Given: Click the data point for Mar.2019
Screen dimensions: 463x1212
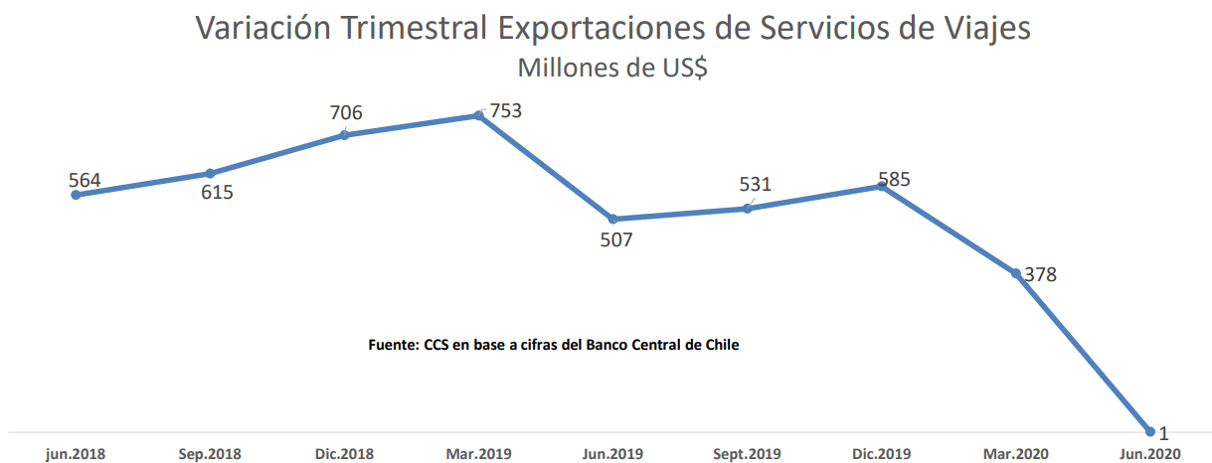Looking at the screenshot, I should coord(478,115).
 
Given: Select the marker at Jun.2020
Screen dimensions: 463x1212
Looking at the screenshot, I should coord(1150,431).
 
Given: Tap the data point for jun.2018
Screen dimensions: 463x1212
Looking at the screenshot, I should coord(76,195).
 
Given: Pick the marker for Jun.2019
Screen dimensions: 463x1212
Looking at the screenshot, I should coord(612,219).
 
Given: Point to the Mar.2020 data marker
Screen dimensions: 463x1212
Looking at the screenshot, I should coord(1016,273).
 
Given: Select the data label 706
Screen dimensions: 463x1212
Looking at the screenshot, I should coord(346,112).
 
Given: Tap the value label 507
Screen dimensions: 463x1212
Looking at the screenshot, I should coord(615,240).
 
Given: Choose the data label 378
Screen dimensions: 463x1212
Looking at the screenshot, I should coord(1040,275).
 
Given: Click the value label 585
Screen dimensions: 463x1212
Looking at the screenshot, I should coord(894,180).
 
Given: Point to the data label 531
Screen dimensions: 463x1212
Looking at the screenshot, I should coord(755,185).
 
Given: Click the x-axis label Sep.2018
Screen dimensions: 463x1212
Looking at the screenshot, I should coord(210,454).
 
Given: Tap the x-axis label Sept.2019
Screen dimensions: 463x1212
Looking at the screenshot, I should coord(746,454).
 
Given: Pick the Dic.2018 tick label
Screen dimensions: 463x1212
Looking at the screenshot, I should coord(344,454).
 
